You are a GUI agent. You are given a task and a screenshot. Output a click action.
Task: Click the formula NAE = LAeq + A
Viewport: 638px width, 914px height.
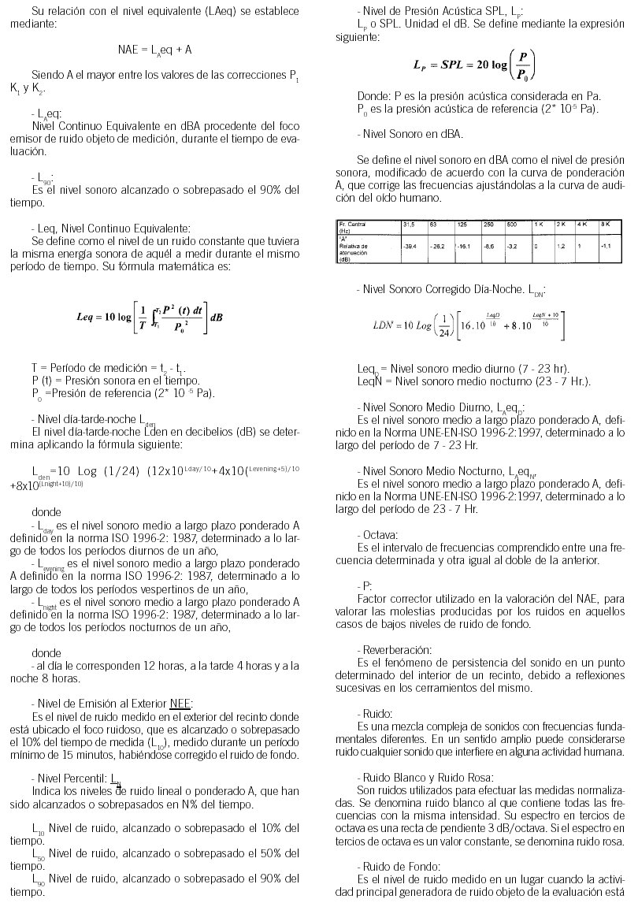154,49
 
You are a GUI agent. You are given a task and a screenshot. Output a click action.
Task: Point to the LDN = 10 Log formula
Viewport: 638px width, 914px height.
469,324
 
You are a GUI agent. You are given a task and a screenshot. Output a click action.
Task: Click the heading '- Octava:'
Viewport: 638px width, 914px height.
377,533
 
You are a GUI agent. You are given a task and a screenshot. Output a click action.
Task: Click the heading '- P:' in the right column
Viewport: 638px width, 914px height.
364,586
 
